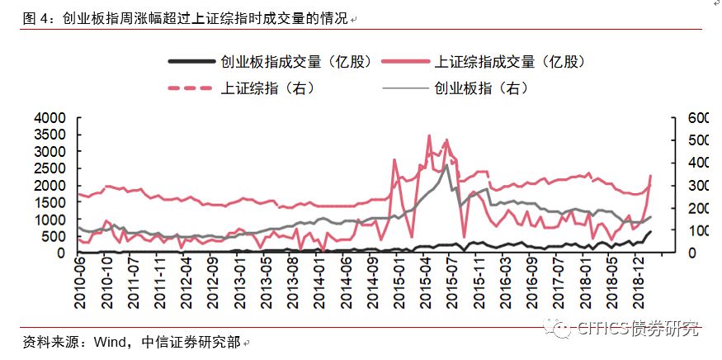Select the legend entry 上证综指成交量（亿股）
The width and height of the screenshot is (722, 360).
[511, 62]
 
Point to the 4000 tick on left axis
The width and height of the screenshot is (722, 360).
[50, 118]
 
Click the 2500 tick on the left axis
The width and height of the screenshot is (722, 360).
[50, 169]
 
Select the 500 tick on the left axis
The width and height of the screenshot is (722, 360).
[53, 236]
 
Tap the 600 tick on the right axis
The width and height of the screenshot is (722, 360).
[686, 118]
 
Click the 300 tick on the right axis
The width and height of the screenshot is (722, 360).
[686, 186]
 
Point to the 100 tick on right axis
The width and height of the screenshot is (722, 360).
[686, 230]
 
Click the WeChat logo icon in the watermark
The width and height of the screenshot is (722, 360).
[561, 329]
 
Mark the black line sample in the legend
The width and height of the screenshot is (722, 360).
[191, 62]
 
